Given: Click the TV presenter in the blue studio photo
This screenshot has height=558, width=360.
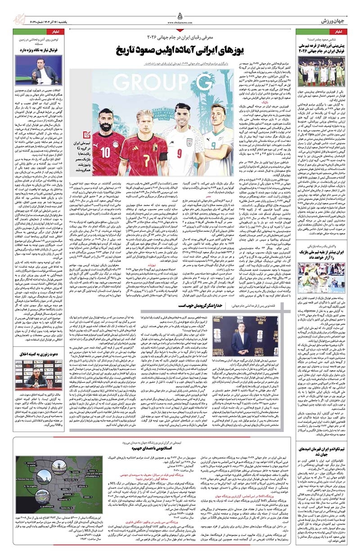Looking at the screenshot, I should point(31,72).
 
